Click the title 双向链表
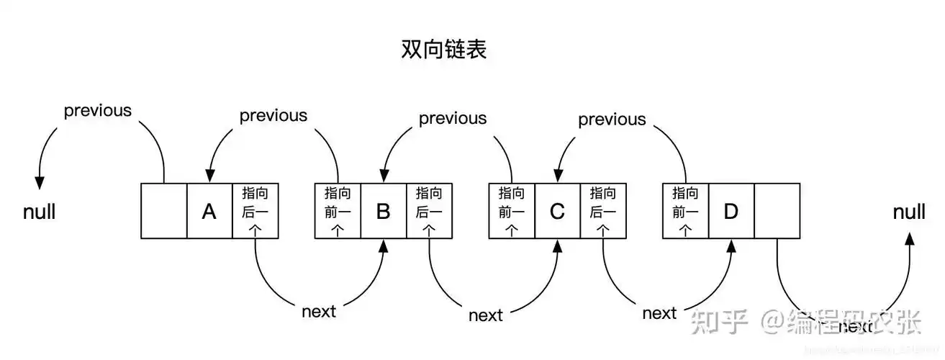443,49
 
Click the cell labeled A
209,211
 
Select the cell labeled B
383,211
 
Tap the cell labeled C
556,211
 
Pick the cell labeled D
731,211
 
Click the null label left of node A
39,212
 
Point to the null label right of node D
909,212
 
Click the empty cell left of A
163,211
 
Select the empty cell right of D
777,211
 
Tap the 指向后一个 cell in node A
255,211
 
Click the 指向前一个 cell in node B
338,211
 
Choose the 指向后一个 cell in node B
429,211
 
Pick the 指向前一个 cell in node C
511,211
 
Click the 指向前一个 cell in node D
685,211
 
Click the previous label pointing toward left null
98,111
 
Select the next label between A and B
319,312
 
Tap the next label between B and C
485,315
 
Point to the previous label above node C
612,120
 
